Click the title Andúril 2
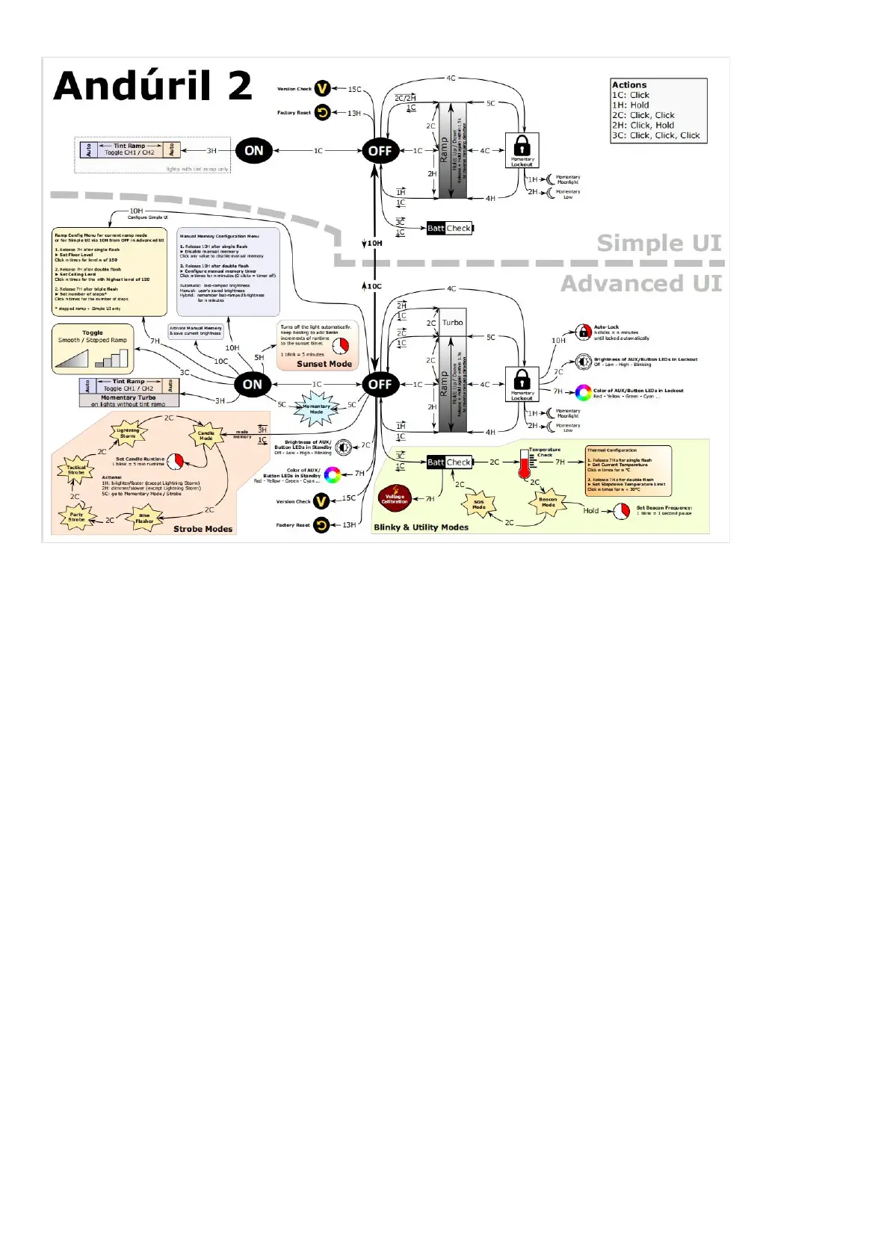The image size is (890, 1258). click(152, 85)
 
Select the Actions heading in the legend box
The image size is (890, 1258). click(629, 85)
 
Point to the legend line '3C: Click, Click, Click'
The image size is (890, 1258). click(655, 135)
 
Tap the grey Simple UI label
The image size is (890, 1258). click(659, 243)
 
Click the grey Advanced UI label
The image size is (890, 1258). click(641, 284)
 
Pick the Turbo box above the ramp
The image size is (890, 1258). click(452, 323)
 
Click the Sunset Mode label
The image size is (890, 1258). click(324, 364)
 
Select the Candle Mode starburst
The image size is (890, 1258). click(205, 436)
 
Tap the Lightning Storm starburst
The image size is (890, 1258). click(128, 433)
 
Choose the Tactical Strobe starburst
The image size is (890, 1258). click(76, 470)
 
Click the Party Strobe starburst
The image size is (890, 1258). click(76, 517)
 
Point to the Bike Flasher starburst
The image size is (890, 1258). click(144, 518)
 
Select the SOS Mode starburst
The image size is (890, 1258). click(478, 505)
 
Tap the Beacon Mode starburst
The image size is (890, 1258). click(548, 502)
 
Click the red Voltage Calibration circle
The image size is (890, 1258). click(394, 498)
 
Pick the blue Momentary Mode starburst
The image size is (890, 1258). click(316, 409)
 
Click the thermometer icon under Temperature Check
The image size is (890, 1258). click(525, 465)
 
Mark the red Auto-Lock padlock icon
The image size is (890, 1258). click(583, 332)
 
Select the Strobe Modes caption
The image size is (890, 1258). click(203, 529)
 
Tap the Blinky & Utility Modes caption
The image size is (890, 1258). click(421, 527)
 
